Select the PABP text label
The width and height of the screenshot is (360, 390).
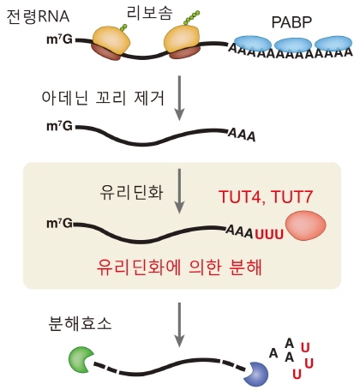point(292,21)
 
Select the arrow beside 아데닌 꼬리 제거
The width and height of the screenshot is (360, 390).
point(178,98)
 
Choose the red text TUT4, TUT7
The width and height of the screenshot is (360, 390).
point(266,197)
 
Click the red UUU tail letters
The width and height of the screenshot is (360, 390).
point(267,232)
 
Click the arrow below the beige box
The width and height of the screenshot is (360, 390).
point(178,316)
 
